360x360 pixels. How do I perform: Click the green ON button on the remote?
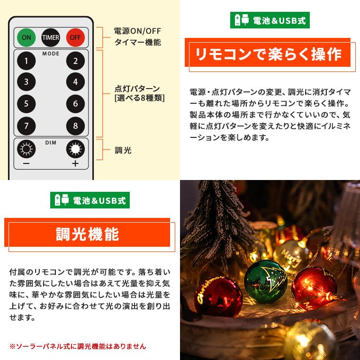[x=27, y=37]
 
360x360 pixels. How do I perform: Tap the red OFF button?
[x=74, y=37]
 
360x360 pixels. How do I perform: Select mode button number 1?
[x=27, y=61]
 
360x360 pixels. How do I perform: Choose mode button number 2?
[x=75, y=61]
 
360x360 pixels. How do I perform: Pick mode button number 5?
[x=27, y=104]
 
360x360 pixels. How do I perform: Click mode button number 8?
[x=75, y=126]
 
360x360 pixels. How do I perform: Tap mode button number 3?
[x=27, y=82]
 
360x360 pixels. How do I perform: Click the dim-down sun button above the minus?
[x=27, y=150]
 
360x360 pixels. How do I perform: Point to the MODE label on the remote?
[x=51, y=54]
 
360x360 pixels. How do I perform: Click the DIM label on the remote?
[x=51, y=142]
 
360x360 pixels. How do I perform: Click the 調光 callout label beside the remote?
[x=123, y=151]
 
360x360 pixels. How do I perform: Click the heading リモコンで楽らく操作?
[x=269, y=54]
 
